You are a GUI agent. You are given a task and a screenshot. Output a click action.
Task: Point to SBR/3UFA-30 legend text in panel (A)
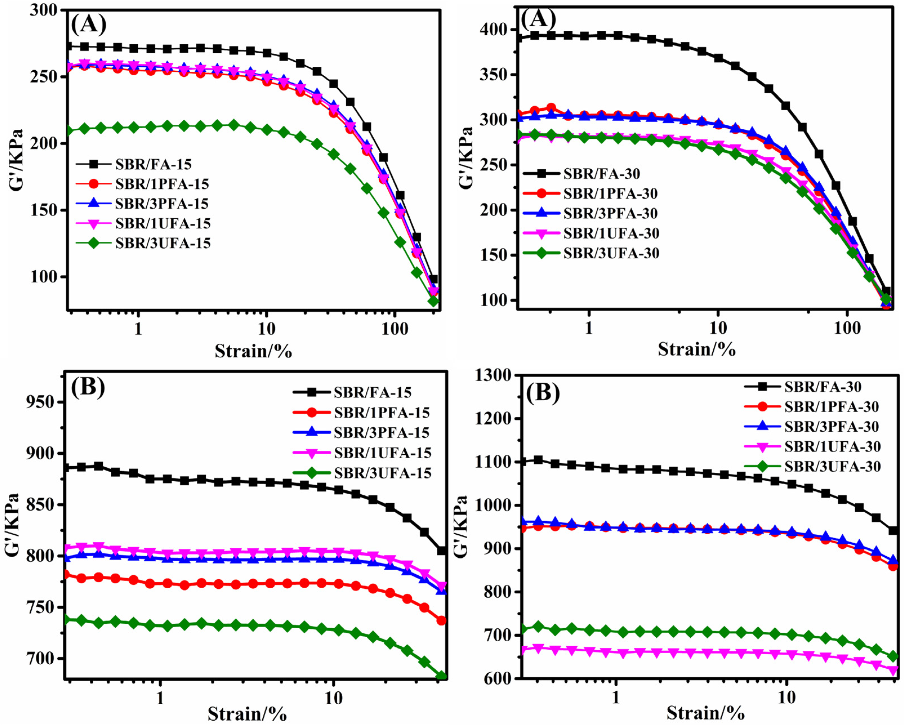point(611,253)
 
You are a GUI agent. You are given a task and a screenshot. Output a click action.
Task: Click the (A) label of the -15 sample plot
point(88,24)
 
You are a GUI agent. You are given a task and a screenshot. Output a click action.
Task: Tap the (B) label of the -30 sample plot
point(543,394)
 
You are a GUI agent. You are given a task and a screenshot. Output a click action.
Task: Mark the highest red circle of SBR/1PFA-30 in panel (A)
point(551,108)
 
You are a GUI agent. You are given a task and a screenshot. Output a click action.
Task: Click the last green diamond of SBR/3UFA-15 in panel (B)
point(441,676)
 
